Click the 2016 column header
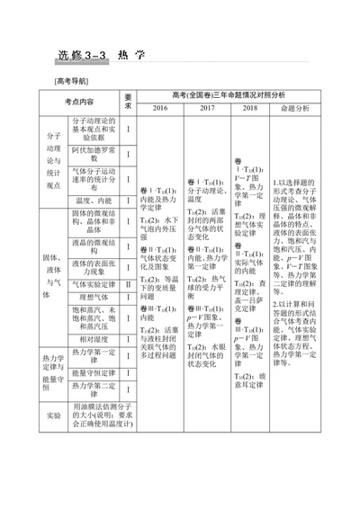[160, 108]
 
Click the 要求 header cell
[130, 102]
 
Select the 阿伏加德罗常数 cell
[92, 155]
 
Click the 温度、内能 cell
[92, 201]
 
